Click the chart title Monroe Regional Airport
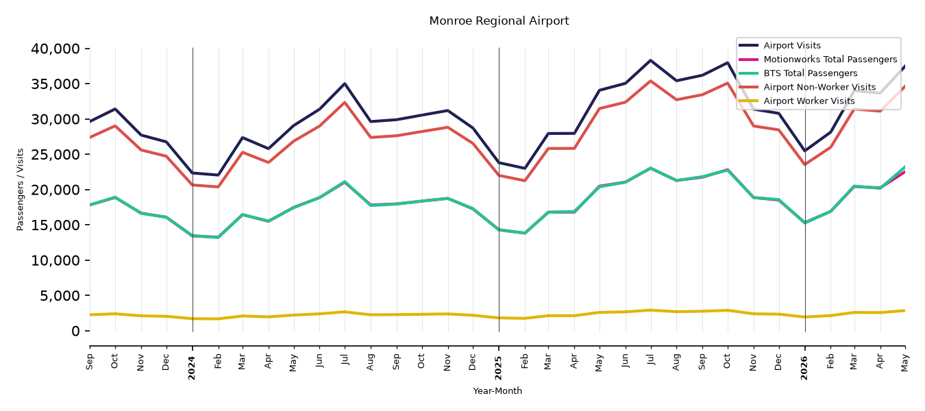499,21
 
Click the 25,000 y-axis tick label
56,154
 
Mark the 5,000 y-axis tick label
60,295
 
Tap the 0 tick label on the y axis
75,331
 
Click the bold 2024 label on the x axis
192,368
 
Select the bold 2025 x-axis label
498,368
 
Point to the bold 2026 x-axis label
804,368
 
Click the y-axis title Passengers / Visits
21,190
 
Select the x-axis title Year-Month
497,390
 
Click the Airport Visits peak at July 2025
651,60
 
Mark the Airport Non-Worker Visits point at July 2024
345,102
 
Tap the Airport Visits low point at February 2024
218,175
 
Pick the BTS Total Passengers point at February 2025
524,233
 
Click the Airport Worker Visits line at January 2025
499,318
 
